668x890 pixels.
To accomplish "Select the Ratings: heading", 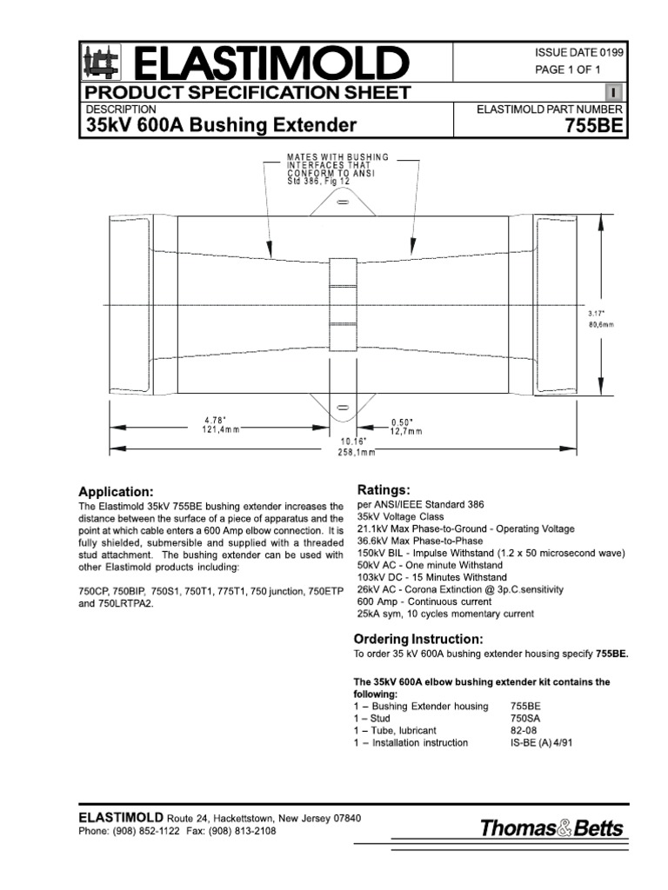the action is (x=384, y=489).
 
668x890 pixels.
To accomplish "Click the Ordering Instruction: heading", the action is (x=418, y=639).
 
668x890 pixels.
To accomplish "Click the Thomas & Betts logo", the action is (x=553, y=828).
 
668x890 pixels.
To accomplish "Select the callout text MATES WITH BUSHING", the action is (x=338, y=156).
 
